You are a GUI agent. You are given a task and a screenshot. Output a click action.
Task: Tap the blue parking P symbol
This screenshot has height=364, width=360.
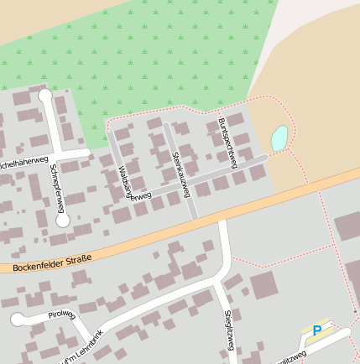click(x=316, y=331)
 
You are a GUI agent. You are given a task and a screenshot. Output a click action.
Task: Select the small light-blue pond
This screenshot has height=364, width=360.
click(x=279, y=138)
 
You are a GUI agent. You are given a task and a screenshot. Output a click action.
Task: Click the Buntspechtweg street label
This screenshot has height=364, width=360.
click(x=227, y=142)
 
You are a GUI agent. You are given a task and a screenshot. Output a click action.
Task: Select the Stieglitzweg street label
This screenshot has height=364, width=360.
click(x=229, y=334)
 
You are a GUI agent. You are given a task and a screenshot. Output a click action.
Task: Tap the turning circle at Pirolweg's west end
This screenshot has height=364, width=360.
click(x=18, y=319)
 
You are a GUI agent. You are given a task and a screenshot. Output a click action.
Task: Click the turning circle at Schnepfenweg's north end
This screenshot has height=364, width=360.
click(x=45, y=96)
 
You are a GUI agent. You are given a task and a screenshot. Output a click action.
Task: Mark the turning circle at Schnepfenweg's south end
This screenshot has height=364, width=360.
click(x=62, y=221)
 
